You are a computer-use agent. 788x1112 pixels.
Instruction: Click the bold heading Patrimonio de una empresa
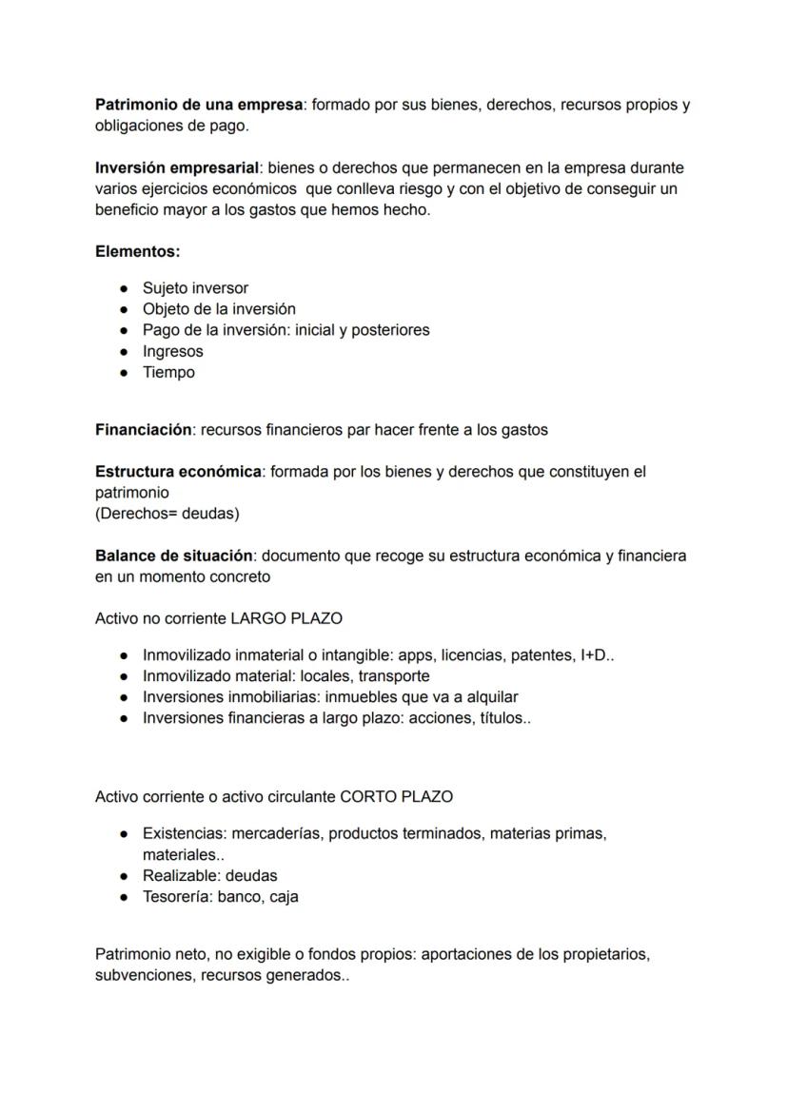pyautogui.click(x=198, y=105)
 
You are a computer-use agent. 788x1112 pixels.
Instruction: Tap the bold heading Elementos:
pyautogui.click(x=137, y=252)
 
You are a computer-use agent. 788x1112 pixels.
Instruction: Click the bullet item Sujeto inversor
pyautogui.click(x=195, y=288)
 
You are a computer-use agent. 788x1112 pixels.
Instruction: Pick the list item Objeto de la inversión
pyautogui.click(x=219, y=309)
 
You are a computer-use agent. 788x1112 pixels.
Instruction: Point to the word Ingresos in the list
pyautogui.click(x=172, y=351)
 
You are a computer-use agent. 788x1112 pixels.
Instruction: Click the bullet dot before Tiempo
pyautogui.click(x=125, y=373)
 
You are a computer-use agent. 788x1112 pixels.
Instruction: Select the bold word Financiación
pyautogui.click(x=143, y=430)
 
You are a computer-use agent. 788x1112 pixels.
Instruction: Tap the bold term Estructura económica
pyautogui.click(x=177, y=472)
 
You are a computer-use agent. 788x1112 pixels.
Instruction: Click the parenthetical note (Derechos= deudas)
pyautogui.click(x=167, y=514)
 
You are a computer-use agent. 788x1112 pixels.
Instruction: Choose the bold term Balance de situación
pyautogui.click(x=173, y=556)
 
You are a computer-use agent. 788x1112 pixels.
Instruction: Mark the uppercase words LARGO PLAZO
pyautogui.click(x=286, y=618)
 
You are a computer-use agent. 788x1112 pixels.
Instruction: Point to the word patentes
pyautogui.click(x=542, y=655)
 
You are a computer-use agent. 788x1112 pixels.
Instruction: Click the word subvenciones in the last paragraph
pyautogui.click(x=143, y=976)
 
